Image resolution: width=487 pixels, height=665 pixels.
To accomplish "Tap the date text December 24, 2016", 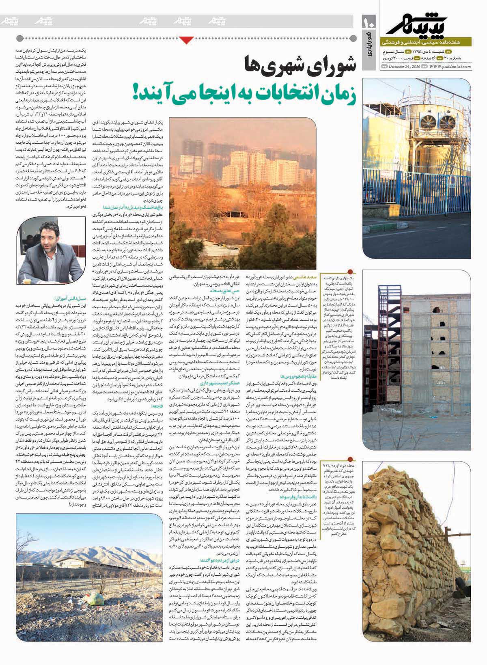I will pyautogui.click(x=406, y=67).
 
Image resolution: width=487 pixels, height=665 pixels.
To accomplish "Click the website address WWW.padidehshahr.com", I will pyautogui.click(x=449, y=67).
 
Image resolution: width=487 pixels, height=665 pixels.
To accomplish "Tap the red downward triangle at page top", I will pyautogui.click(x=186, y=39).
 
